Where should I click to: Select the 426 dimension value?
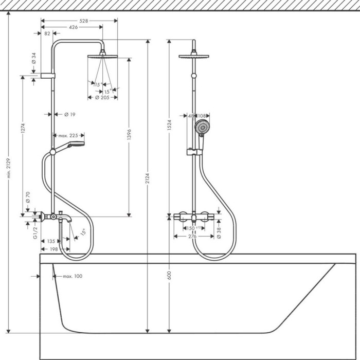(73, 27)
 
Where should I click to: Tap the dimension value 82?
(47, 33)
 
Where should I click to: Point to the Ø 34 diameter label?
(34, 58)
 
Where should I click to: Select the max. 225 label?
(68, 135)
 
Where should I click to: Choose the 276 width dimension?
(193, 237)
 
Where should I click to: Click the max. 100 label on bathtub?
(73, 276)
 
